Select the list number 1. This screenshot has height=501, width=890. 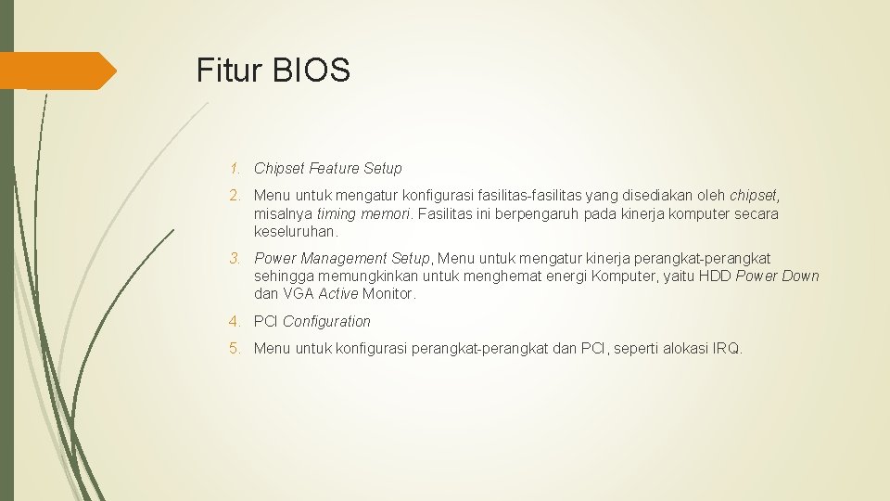click(237, 169)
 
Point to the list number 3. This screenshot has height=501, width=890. click(237, 258)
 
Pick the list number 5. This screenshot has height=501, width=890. click(237, 349)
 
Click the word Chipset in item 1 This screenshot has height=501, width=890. click(279, 169)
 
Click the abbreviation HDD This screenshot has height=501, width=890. click(715, 276)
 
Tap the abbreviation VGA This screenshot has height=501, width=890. click(299, 294)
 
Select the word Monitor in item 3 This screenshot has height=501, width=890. click(389, 294)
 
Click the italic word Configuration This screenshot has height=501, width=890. click(326, 322)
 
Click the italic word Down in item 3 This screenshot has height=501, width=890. click(801, 276)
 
